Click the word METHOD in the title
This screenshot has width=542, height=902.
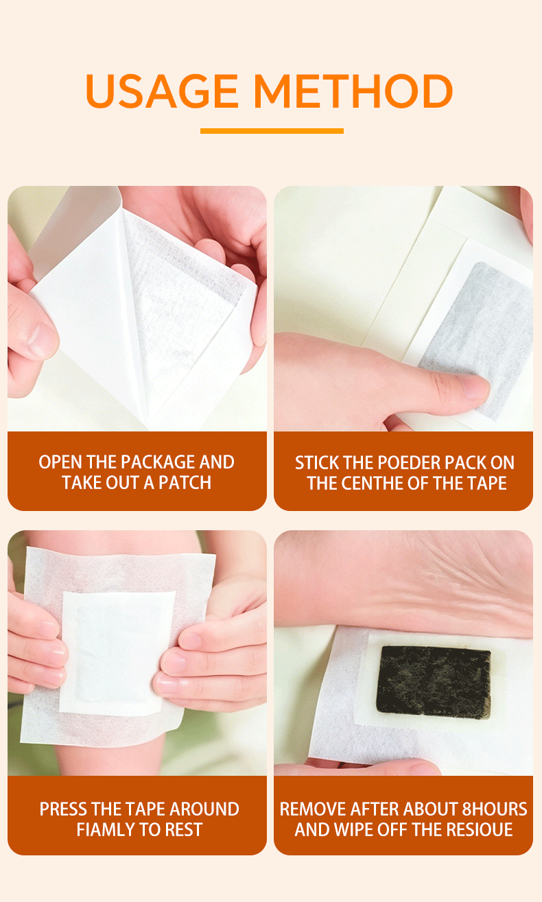click(x=353, y=91)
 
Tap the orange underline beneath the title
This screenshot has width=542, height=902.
click(x=272, y=131)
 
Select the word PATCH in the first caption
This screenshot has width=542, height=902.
click(x=185, y=482)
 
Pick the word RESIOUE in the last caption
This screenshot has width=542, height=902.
click(x=480, y=829)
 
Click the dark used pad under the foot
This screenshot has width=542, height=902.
click(x=434, y=681)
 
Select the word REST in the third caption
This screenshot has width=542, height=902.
click(x=184, y=829)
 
